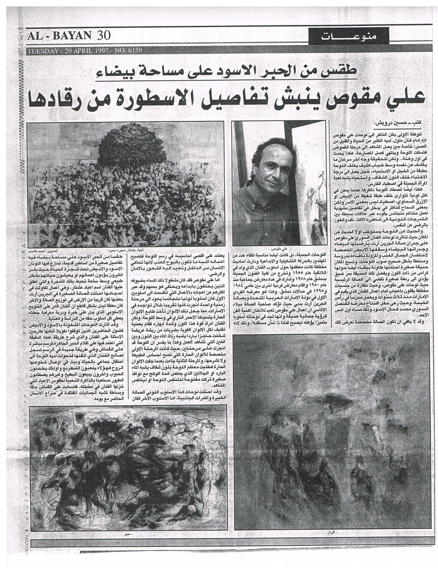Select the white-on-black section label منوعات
348,36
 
